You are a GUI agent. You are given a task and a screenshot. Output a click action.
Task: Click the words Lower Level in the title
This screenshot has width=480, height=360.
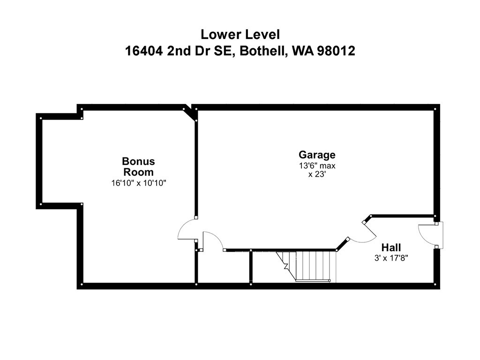click(x=240, y=34)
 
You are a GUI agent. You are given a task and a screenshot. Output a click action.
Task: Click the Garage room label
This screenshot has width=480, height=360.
click(x=317, y=155)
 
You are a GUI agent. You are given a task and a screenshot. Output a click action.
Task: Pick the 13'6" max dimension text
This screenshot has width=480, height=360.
click(x=317, y=165)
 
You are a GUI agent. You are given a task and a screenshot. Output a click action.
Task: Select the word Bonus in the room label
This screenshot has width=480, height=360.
click(x=138, y=161)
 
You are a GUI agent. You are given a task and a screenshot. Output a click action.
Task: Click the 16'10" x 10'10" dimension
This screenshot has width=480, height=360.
click(x=138, y=183)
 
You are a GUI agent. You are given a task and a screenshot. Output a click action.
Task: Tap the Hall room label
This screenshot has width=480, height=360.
click(x=391, y=247)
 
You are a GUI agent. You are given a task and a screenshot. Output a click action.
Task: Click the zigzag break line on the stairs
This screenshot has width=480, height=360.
click(x=285, y=265)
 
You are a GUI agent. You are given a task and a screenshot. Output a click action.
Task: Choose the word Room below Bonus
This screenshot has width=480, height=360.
click(x=138, y=172)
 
